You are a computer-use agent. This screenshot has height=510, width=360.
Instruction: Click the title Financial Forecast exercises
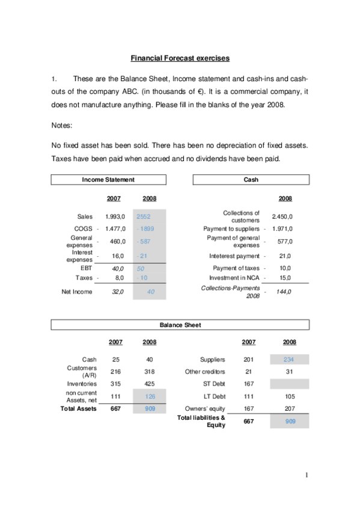pos(180,58)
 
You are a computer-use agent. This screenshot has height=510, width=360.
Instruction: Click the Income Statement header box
pos(108,179)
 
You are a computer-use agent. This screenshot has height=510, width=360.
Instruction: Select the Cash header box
pos(251,179)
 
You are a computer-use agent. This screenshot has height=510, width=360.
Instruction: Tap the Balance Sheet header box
pos(180,325)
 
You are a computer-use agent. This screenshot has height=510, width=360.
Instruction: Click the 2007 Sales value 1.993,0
pos(115,217)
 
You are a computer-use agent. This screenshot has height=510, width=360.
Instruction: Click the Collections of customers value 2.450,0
pos(282,217)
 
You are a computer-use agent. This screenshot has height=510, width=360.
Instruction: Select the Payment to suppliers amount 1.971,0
pos(282,229)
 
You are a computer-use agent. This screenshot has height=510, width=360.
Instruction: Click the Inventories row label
pos(82,384)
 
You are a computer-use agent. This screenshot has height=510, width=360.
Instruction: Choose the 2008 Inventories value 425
pos(150,384)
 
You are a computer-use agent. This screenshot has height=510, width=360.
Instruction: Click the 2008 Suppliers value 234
pos(290,360)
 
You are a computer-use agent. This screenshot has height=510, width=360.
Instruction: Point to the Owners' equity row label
pos(205,409)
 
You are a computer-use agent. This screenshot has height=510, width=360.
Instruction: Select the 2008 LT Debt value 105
pos(290,396)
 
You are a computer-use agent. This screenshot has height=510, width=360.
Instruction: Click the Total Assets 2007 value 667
pos(116,409)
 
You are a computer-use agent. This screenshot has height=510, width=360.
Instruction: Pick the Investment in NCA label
pos(234,278)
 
